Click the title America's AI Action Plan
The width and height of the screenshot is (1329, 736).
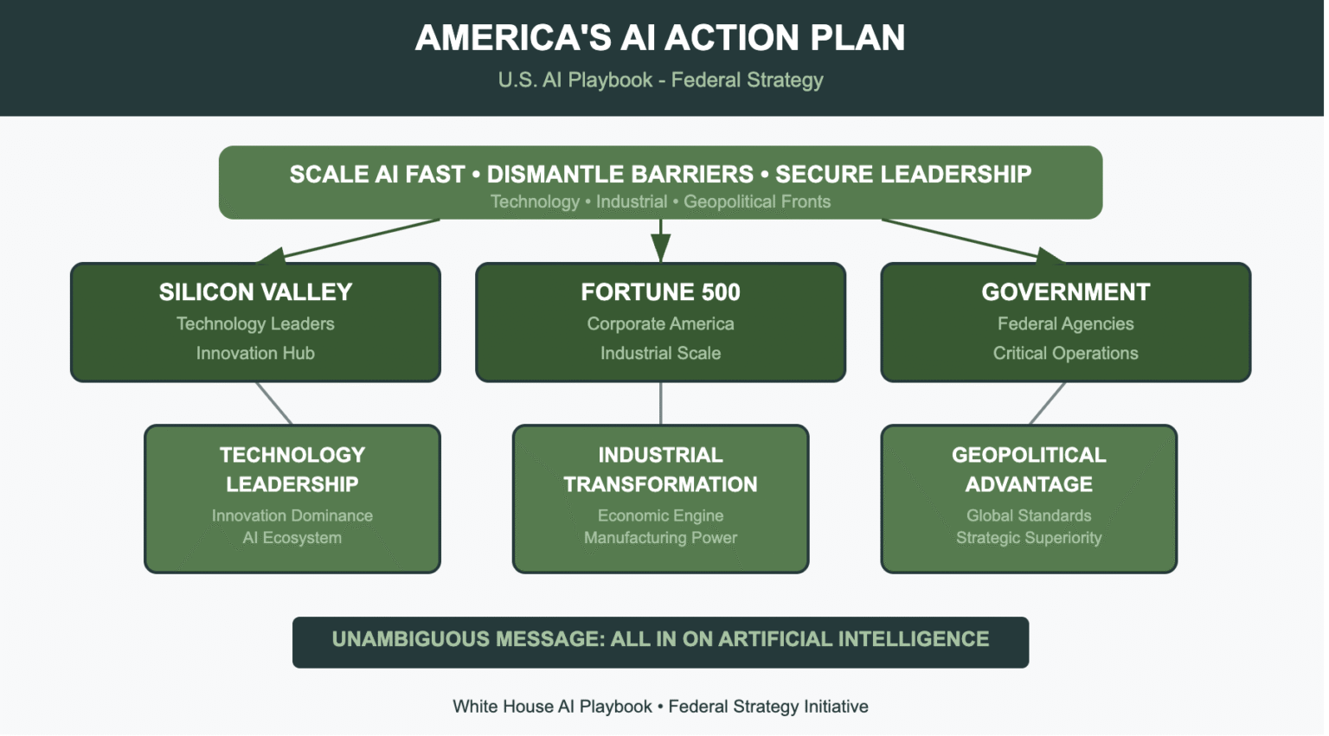tap(660, 38)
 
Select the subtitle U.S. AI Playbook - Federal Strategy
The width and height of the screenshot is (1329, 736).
tap(660, 80)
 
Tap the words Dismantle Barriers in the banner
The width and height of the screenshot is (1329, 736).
tap(620, 175)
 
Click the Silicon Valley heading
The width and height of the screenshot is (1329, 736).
tap(255, 292)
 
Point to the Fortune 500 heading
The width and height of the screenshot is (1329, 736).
tap(660, 292)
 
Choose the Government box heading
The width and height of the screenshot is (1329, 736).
tap(1065, 292)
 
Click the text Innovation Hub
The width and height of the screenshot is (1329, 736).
tap(255, 353)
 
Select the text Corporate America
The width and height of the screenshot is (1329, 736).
tap(660, 323)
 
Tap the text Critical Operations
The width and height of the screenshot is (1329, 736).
tap(1065, 353)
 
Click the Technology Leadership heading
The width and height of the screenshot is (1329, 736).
tap(292, 469)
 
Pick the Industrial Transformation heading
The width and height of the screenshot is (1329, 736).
tap(660, 469)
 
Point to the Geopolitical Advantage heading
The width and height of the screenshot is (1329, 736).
tap(1029, 469)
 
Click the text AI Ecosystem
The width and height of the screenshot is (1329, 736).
tap(292, 538)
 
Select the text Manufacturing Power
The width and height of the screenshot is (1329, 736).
tap(660, 538)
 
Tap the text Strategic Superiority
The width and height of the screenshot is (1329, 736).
tap(1029, 538)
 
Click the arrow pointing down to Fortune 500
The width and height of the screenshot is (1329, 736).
tap(661, 242)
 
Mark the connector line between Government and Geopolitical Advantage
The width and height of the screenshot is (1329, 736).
tap(1048, 403)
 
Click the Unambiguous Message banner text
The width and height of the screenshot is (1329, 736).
tap(660, 640)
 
